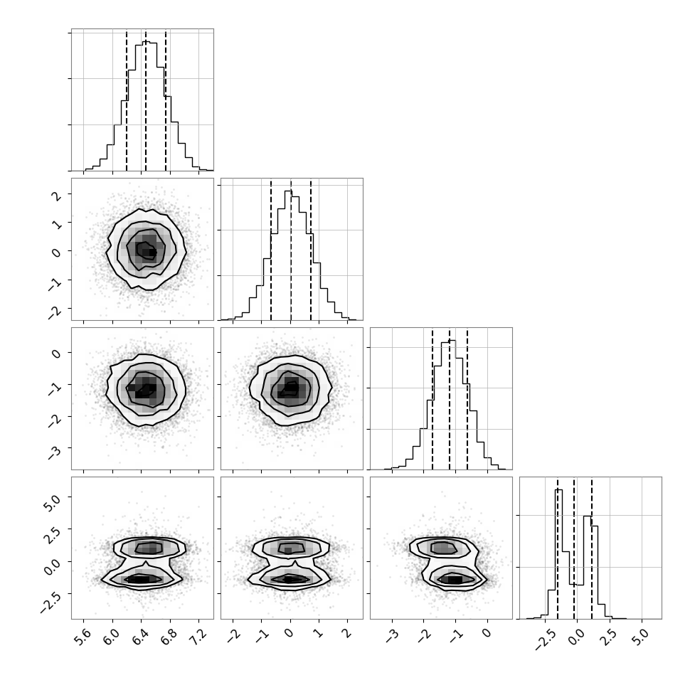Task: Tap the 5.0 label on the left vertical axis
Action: click(52, 501)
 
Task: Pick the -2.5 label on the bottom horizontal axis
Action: click(543, 639)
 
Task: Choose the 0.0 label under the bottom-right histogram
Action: click(575, 636)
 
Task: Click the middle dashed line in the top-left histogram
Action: click(146, 101)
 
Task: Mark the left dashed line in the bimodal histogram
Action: click(558, 548)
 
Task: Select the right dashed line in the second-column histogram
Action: click(311, 250)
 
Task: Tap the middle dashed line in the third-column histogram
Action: click(450, 399)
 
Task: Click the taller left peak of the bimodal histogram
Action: click(559, 490)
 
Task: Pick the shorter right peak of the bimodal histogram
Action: click(587, 516)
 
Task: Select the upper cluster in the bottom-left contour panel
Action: click(149, 548)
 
